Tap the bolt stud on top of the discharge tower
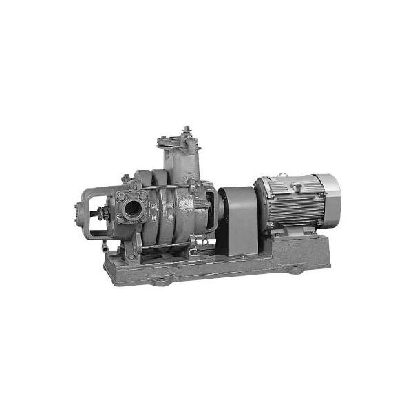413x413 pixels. (x=186, y=129)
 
